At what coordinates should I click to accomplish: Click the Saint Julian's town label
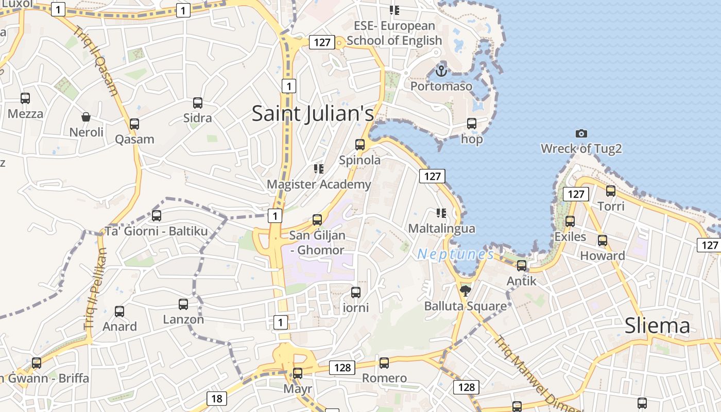[x=313, y=114]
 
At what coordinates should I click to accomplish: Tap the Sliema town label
[x=657, y=326]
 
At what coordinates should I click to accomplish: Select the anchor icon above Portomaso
[x=441, y=71]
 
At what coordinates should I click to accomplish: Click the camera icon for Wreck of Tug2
[x=581, y=133]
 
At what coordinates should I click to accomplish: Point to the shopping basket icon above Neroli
[x=86, y=117]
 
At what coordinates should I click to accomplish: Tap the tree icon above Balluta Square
[x=466, y=291]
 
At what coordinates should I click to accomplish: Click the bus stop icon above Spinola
[x=360, y=145]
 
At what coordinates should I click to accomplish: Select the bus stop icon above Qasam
[x=134, y=124]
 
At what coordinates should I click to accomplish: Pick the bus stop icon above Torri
[x=611, y=191]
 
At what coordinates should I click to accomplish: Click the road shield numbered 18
[x=217, y=398]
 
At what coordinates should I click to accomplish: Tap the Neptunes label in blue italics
[x=455, y=254]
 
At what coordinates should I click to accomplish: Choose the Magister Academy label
[x=319, y=184]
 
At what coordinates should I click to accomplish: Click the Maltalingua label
[x=441, y=228]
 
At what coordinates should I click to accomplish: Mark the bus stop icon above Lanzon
[x=183, y=304]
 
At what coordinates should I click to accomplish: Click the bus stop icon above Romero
[x=384, y=363]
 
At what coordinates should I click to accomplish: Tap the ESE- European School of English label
[x=394, y=33]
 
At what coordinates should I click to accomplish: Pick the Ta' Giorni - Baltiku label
[x=157, y=231]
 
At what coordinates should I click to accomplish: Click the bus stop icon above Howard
[x=603, y=241]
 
